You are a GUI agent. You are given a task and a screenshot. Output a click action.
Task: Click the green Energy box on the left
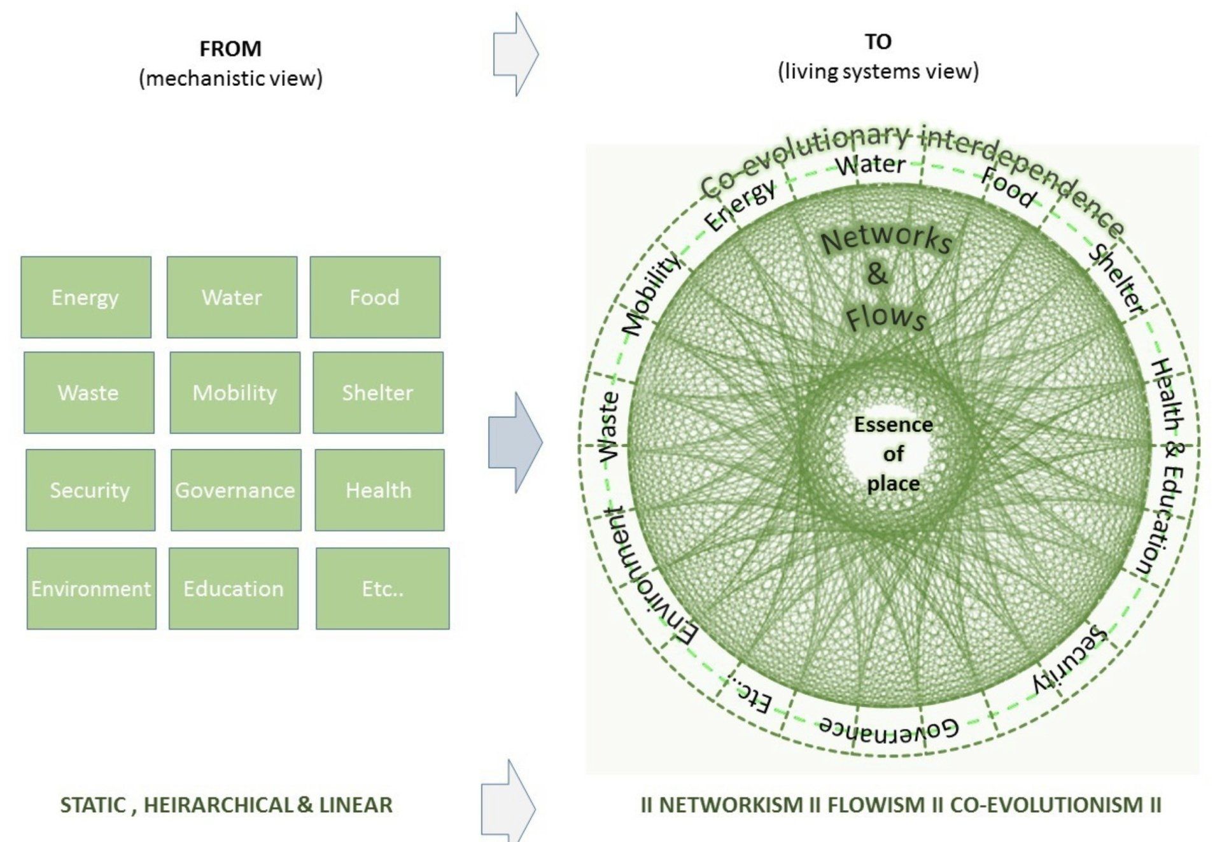[x=86, y=297]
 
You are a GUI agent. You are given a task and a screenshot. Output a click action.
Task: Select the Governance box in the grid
[x=235, y=490]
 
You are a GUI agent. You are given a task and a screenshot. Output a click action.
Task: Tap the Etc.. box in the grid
[x=383, y=589]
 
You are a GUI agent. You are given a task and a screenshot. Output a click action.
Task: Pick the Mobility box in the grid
[x=235, y=393]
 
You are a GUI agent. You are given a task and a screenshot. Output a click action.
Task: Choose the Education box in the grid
[x=234, y=589]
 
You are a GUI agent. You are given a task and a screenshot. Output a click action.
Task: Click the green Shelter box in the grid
[x=378, y=393]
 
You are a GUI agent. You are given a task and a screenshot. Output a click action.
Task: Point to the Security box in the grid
[x=90, y=490]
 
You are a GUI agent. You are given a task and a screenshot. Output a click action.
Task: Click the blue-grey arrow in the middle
[x=516, y=442]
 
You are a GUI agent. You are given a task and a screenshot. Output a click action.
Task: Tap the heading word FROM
[x=230, y=48]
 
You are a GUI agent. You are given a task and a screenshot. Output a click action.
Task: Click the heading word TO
[x=878, y=41]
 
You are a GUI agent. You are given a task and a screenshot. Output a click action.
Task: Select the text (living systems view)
[x=878, y=71]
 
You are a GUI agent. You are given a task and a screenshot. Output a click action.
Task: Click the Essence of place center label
[x=894, y=454]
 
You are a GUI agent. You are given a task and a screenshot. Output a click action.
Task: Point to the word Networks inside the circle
[x=887, y=239]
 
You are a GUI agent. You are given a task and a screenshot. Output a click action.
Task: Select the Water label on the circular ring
[x=871, y=164]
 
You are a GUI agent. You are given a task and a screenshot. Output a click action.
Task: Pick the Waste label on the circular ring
[x=608, y=426]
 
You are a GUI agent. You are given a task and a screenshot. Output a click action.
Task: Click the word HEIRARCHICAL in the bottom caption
[x=220, y=805]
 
